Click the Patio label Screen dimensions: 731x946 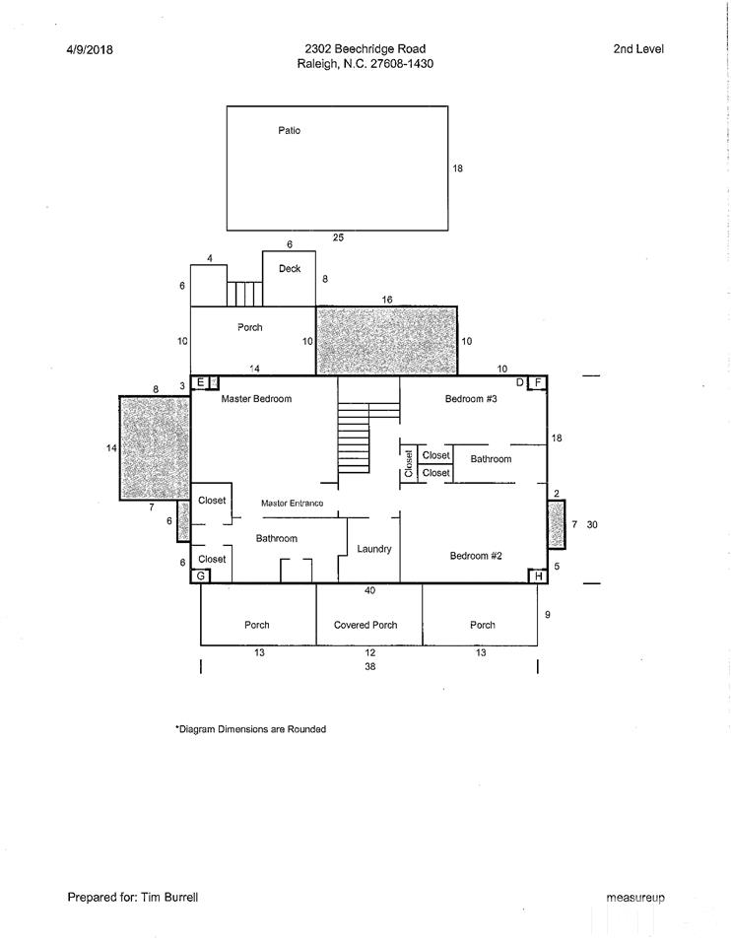(x=289, y=130)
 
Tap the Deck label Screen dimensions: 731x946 (x=290, y=268)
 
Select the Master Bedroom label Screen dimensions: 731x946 (x=256, y=399)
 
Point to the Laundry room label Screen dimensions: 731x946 (x=374, y=549)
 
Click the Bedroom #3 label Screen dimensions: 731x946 (x=471, y=399)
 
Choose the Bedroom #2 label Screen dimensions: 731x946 (x=476, y=556)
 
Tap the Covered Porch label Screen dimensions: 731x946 (x=365, y=625)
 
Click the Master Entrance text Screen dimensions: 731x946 (x=292, y=504)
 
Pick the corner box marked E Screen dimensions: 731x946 (x=201, y=382)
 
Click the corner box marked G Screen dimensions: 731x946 (x=200, y=576)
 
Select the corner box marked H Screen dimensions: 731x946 (x=538, y=576)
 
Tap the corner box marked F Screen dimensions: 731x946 (x=537, y=382)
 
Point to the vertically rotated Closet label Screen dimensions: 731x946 (x=409, y=463)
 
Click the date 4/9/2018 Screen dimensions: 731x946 (x=90, y=49)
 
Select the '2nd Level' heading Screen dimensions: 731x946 (x=638, y=49)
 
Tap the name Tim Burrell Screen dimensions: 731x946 (x=169, y=897)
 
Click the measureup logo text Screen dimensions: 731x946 (x=635, y=898)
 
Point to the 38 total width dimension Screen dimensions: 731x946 (x=369, y=666)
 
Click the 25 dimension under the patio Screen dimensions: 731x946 (x=338, y=237)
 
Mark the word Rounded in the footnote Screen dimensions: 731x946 (x=306, y=729)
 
